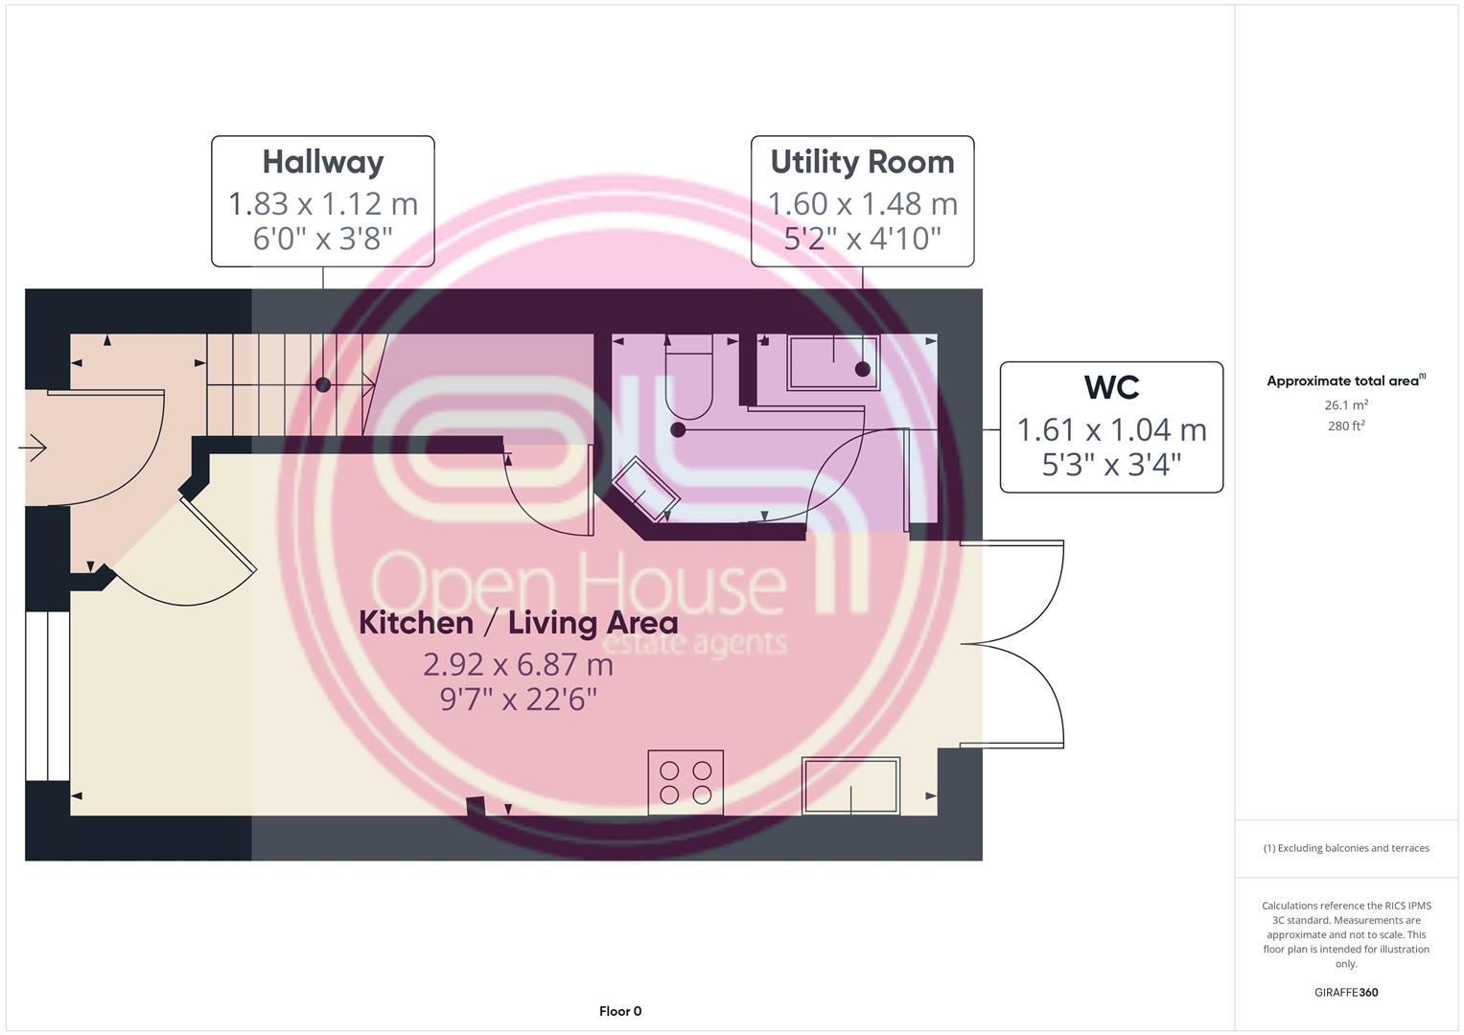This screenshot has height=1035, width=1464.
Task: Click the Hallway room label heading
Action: click(323, 162)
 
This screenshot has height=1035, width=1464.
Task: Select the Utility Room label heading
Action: click(862, 162)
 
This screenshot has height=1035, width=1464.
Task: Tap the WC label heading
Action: click(1111, 387)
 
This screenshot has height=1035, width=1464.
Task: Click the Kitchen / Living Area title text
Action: click(518, 623)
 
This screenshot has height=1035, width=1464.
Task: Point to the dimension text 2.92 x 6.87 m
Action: click(518, 663)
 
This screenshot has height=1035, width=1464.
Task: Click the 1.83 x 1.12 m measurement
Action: click(323, 203)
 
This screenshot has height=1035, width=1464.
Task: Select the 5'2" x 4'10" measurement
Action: click(862, 238)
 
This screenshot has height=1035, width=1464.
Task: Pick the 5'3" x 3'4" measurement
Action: click(1111, 464)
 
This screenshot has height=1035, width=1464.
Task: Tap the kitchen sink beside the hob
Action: click(850, 786)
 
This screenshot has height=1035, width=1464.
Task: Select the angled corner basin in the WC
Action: click(645, 490)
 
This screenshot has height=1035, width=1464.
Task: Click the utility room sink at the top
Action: click(833, 362)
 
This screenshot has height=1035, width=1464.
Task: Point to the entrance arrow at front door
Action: click(34, 448)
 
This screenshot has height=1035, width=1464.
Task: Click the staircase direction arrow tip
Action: click(371, 384)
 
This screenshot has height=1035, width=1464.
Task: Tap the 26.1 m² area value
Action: click(1346, 405)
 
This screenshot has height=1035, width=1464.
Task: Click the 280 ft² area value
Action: click(1346, 426)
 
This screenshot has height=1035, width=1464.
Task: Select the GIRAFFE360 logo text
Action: click(1346, 993)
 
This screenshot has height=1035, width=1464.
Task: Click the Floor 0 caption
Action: click(620, 1011)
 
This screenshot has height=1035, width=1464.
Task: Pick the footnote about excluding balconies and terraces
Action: click(1346, 848)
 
